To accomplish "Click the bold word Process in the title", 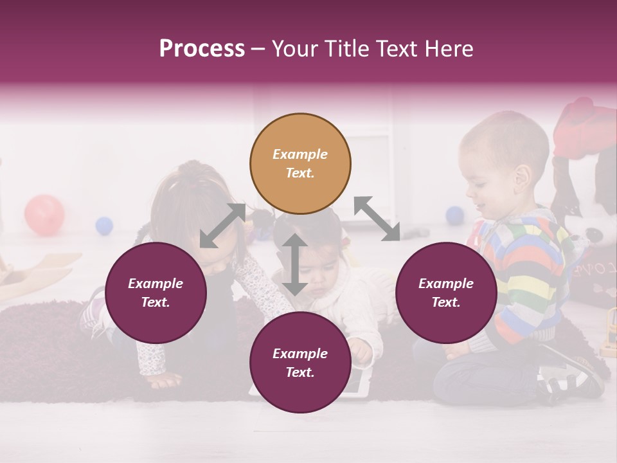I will click(202, 49).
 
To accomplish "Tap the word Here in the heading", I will click(447, 49).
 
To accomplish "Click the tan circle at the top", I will click(300, 164).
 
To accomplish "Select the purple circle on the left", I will click(156, 293).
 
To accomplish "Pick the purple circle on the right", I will click(446, 293).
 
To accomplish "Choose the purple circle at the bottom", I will click(300, 363).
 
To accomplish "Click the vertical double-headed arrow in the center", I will click(294, 264).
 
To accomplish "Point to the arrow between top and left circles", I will click(222, 226).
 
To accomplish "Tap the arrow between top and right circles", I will click(377, 219).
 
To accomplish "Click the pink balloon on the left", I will click(44, 215).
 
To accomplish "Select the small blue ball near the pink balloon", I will click(104, 226).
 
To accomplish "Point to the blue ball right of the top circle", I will click(454, 215).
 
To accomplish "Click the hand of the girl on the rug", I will click(161, 380).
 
